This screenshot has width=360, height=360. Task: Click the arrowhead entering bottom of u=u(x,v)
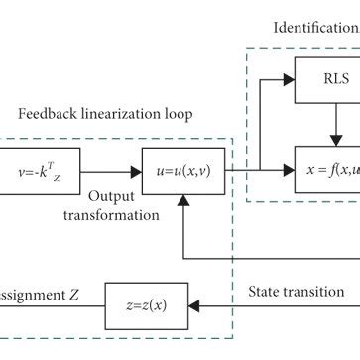click(x=180, y=200)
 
